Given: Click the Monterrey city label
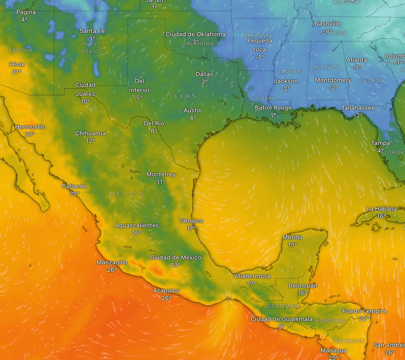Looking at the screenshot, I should coord(161,174).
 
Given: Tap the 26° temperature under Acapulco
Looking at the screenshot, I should coord(167,298).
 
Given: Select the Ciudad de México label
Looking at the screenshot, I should coord(175,258).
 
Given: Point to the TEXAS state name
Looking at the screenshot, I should coord(182,96).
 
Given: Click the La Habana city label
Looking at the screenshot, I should coord(382,209).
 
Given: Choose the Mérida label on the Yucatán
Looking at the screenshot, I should coord(292,238).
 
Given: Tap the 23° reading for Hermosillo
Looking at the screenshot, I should coord(30,134).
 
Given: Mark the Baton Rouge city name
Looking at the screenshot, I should coord(273,108).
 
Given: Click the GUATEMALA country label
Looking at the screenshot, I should coord(283,306).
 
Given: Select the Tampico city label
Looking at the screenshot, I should coord(191,221).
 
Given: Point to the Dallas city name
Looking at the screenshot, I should coord(204,74).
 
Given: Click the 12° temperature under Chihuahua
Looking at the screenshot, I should coord(90,141).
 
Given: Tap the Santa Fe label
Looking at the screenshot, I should coord(92,31).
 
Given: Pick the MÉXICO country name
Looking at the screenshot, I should coord(127,194).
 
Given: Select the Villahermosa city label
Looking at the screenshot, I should coord(251,276).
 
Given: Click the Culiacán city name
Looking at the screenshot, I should coord(74,186).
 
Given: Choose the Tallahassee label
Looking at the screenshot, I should coord(358,108).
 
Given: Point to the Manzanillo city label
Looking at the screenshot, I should coord(112,262).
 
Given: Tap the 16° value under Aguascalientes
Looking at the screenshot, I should coord(136,233).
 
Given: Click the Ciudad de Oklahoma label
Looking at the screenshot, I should coord(196,34).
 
